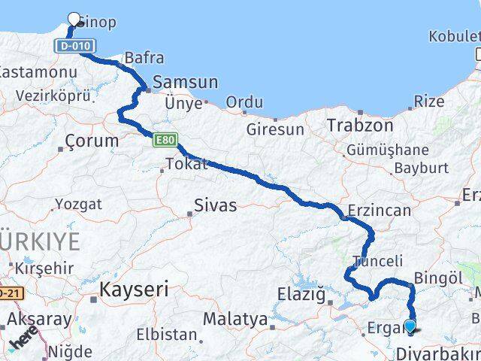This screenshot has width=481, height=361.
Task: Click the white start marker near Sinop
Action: [x=74, y=20]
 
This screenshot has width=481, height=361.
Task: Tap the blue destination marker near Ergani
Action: [x=410, y=326]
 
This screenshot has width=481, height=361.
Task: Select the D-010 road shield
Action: [x=68, y=47]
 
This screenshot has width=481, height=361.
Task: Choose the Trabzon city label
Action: [x=360, y=126]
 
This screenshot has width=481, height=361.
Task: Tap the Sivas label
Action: [x=215, y=205]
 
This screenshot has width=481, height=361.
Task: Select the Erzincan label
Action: [x=380, y=210]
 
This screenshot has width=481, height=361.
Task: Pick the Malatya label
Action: [x=235, y=320]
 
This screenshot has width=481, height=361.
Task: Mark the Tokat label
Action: [x=186, y=164]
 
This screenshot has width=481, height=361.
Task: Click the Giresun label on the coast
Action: [x=275, y=129]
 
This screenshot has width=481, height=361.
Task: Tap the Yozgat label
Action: [x=79, y=204]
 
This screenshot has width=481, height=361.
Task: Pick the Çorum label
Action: [x=92, y=141]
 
